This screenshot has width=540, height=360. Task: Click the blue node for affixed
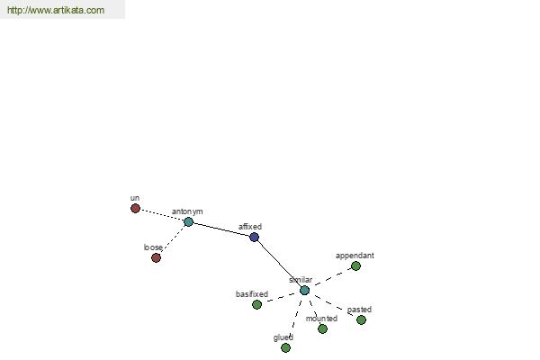[x=254, y=237]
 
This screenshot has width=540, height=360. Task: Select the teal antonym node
[x=188, y=222]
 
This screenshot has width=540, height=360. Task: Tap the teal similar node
[x=304, y=291]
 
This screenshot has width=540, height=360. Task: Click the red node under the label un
[x=135, y=209]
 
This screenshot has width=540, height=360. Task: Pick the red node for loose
[x=156, y=257]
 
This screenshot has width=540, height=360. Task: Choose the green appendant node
[x=355, y=266]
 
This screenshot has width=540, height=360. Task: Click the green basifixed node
[x=256, y=304]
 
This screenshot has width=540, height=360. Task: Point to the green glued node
[x=285, y=348]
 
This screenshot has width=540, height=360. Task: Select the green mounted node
[x=322, y=329]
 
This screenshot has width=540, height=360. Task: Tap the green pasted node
[x=361, y=320]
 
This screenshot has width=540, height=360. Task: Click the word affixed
[x=250, y=227]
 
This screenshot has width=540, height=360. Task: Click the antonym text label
[x=187, y=211]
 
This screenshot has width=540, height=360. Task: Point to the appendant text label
[x=355, y=256]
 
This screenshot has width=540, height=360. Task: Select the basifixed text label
[x=252, y=294]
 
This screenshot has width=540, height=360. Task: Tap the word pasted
[x=359, y=310]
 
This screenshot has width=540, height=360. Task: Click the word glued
[x=283, y=337]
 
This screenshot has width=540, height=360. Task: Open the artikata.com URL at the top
[x=56, y=10]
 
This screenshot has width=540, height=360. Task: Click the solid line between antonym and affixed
[x=221, y=229]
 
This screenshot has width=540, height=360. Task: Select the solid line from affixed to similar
[x=279, y=264]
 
